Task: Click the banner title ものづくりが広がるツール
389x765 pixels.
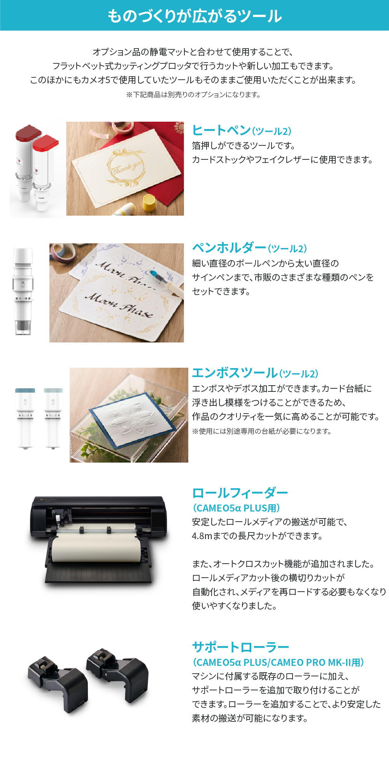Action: (194, 16)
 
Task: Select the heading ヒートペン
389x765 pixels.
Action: (221, 130)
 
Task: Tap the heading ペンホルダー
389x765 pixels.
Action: (229, 248)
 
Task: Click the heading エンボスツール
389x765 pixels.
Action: (235, 373)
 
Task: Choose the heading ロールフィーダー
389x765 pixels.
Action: (240, 493)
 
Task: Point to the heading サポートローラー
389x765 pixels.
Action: (240, 647)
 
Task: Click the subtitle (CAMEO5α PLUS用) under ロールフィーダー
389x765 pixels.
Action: (237, 508)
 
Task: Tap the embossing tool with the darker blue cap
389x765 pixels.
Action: (25, 418)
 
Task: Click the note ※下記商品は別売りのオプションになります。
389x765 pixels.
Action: (193, 94)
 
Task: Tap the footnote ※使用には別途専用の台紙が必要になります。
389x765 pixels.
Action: (261, 431)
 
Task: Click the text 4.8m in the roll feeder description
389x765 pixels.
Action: (202, 536)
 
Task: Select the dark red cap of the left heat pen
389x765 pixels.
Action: (28, 133)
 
